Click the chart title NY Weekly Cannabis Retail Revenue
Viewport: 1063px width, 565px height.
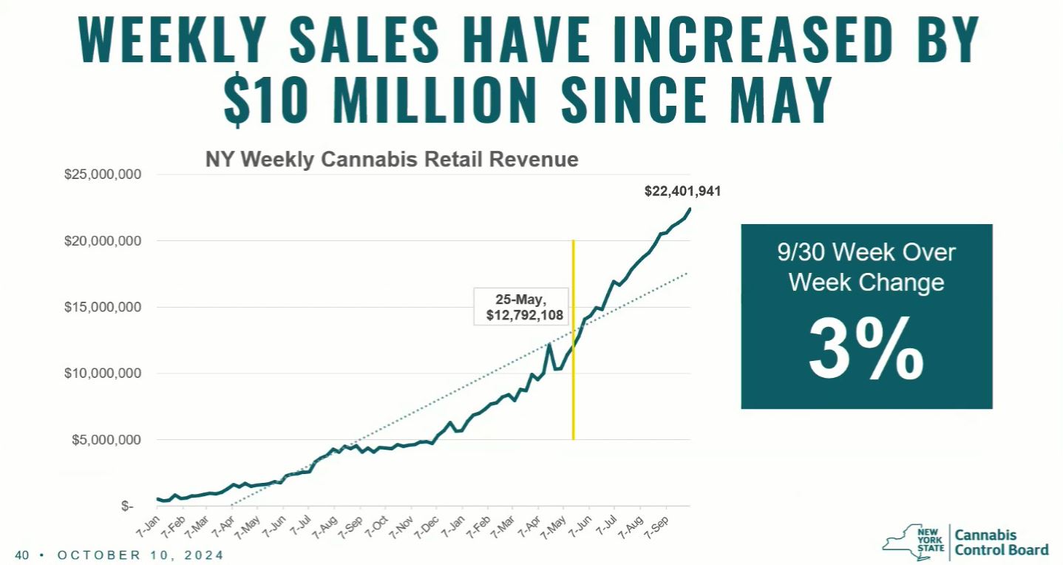click(392, 159)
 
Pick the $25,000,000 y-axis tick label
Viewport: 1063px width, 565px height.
click(102, 175)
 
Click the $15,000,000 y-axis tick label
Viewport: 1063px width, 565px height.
click(102, 308)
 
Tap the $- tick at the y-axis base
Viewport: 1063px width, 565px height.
click(128, 507)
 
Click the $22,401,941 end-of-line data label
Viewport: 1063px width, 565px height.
click(682, 192)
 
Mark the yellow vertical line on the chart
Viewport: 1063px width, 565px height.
click(573, 340)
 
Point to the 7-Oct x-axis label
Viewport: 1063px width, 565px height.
click(378, 523)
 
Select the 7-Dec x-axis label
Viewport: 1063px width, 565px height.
click(429, 523)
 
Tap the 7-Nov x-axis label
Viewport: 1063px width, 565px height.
click(403, 523)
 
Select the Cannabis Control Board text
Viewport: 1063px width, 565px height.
click(1001, 542)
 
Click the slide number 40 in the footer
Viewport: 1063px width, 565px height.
click(21, 555)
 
